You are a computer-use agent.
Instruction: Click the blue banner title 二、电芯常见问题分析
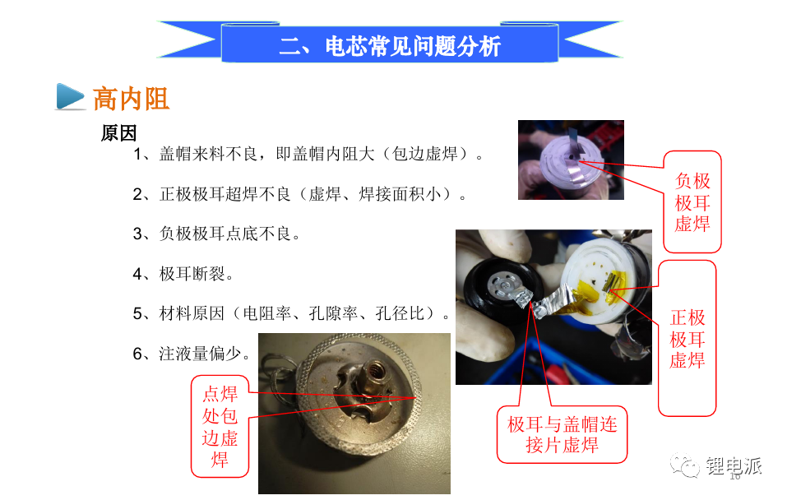point(390,46)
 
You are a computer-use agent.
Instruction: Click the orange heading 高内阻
point(131,98)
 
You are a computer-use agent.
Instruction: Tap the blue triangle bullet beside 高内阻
point(70,96)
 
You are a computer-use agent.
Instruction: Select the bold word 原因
point(119,133)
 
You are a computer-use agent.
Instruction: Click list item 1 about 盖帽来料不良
point(308,154)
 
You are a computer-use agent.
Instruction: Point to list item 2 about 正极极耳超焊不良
point(299,194)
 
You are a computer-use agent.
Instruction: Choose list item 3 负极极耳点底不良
point(216,234)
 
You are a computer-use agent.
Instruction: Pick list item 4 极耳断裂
point(183,274)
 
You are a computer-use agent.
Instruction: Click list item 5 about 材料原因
point(291,314)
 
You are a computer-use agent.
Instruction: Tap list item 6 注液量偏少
point(192,354)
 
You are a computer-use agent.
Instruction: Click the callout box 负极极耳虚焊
point(692,201)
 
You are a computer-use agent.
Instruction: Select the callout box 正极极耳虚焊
point(687,338)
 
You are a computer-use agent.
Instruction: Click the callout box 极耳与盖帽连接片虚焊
point(562,434)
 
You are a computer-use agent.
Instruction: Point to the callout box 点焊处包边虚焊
point(220,426)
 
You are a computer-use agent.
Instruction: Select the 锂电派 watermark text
point(734,465)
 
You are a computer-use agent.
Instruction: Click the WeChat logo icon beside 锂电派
point(684,465)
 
